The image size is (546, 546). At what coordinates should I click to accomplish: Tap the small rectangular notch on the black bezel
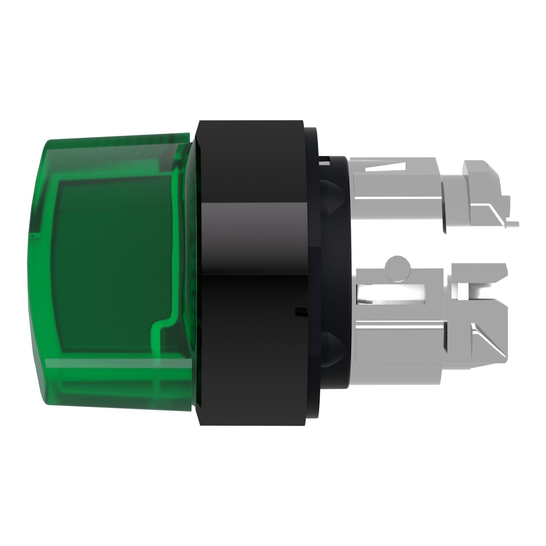coord(300,312)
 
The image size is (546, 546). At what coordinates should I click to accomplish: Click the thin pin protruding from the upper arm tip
coord(511,223)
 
